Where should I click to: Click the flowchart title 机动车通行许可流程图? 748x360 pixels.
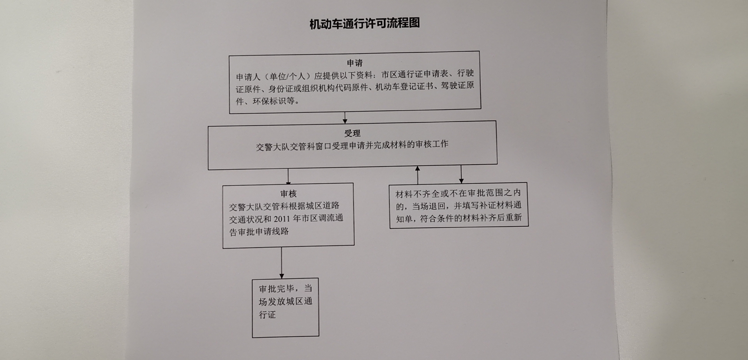tap(365, 23)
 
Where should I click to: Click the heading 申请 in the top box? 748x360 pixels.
tap(355, 63)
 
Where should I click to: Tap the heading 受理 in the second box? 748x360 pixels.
tap(352, 133)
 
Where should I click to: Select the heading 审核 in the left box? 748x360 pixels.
tap(288, 194)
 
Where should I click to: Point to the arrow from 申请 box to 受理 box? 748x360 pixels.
tap(345, 118)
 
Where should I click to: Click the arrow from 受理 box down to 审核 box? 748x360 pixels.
tap(288, 176)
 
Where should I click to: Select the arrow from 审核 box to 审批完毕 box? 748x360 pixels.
tap(281, 263)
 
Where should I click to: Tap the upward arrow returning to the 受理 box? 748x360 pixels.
tap(418, 175)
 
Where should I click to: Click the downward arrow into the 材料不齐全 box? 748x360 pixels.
tap(461, 174)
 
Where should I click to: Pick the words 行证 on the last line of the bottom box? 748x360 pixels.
tap(267, 314)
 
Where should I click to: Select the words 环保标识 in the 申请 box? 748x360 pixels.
tap(270, 101)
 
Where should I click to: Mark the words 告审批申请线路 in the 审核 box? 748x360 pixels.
tap(259, 232)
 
